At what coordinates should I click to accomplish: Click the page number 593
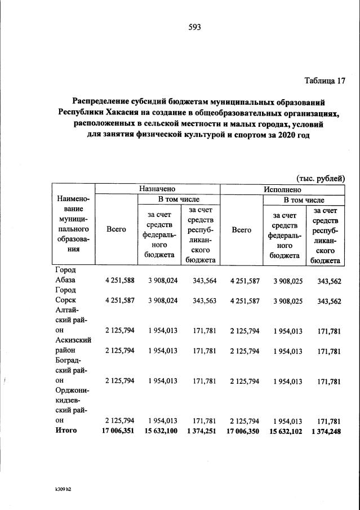(x=195, y=27)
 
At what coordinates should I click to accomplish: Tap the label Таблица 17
(x=325, y=80)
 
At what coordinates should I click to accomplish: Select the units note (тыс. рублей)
(x=320, y=178)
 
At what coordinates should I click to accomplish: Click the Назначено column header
(x=158, y=189)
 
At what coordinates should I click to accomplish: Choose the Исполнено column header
(x=282, y=189)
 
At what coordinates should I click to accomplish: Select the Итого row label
(x=66, y=431)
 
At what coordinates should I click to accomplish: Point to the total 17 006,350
(x=242, y=431)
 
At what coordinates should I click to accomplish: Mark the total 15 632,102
(x=286, y=431)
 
